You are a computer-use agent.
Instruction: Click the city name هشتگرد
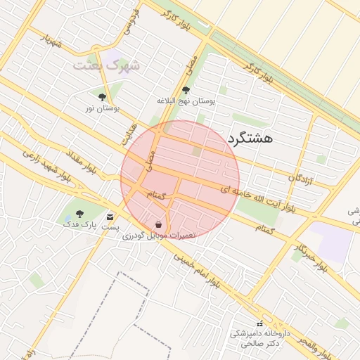[250, 139]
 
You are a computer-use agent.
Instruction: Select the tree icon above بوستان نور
[103, 97]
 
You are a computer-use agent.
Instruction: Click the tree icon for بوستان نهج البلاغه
[186, 91]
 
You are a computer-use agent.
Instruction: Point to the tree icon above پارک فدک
[78, 214]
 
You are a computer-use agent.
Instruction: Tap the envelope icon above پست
[110, 217]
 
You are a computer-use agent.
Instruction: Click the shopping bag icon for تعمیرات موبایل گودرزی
[160, 224]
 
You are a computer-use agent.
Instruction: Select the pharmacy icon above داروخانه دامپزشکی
[259, 323]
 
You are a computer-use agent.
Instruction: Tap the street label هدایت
[127, 134]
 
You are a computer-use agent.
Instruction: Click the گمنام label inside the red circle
[155, 195]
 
